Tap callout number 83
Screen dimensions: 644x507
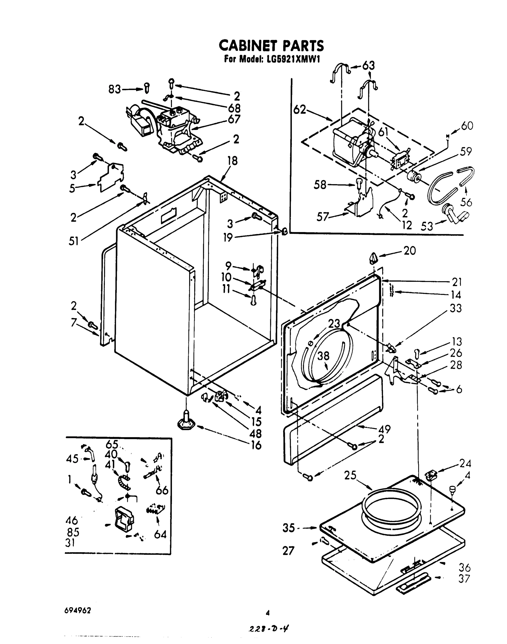coord(115,89)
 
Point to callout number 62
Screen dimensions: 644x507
coord(300,109)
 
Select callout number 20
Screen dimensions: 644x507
coord(410,251)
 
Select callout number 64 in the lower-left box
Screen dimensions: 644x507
coord(160,535)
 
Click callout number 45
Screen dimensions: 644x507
coord(72,459)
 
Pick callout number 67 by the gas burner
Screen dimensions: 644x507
coord(234,119)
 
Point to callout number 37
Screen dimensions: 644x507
coord(465,579)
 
